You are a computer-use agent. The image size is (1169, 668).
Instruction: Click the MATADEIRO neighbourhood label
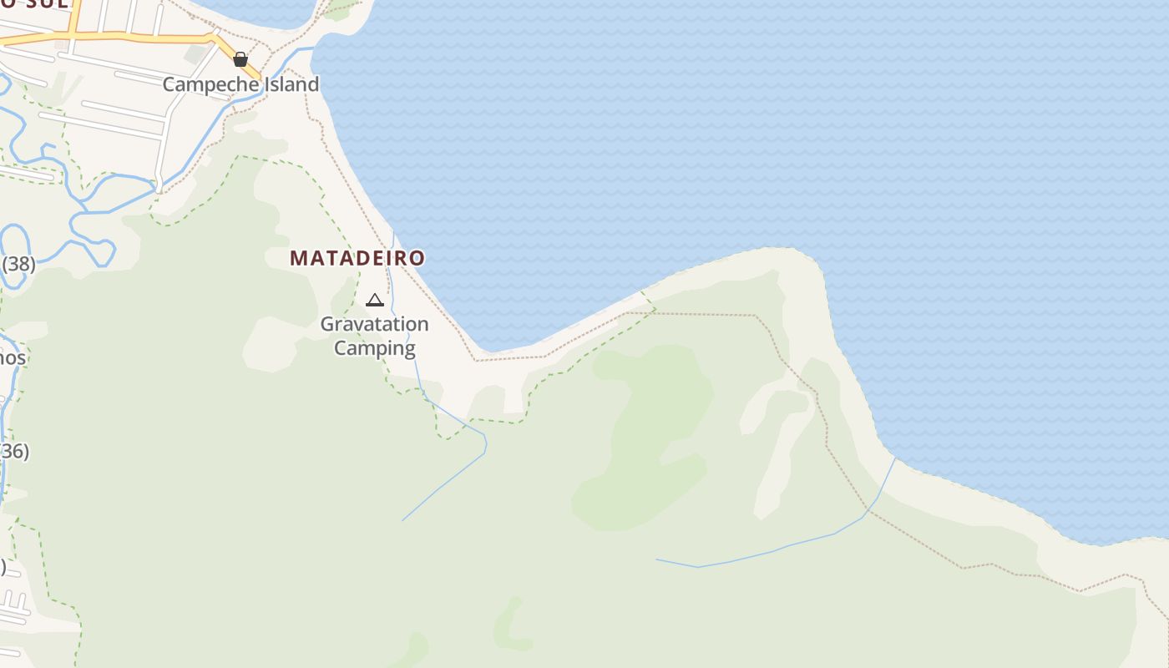pyautogui.click(x=357, y=259)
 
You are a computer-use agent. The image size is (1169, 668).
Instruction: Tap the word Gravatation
pyautogui.click(x=374, y=324)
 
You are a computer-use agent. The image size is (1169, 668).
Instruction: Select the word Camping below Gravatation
pyautogui.click(x=374, y=348)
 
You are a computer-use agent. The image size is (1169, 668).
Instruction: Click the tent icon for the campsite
pyautogui.click(x=375, y=300)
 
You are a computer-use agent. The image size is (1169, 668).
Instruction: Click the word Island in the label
pyautogui.click(x=291, y=84)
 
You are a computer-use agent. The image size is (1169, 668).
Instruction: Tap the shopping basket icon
pyautogui.click(x=240, y=59)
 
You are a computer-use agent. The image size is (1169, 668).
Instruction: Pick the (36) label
pyautogui.click(x=14, y=452)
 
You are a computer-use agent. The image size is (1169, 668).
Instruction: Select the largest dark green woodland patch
pyautogui.click(x=651, y=434)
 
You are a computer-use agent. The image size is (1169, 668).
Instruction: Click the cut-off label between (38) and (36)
pyautogui.click(x=13, y=358)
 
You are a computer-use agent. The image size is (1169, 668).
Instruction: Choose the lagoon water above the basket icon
pyautogui.click(x=250, y=10)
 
